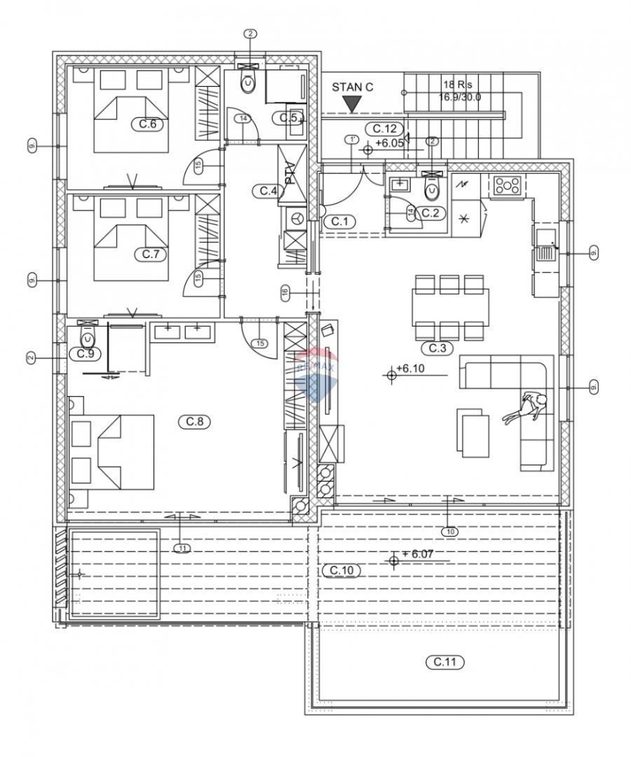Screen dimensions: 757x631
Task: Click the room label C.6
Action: (147, 124)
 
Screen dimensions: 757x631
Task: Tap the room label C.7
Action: (151, 254)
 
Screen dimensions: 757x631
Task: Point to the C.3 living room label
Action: (436, 348)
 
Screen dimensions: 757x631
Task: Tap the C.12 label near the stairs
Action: (385, 129)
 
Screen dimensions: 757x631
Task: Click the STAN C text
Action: (353, 88)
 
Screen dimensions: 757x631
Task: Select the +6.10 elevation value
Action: (411, 368)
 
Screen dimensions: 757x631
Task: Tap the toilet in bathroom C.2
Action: (433, 188)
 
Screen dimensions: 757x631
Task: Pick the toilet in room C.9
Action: (87, 337)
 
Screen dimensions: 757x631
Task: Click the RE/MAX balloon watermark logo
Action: (315, 374)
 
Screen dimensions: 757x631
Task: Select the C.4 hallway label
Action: (269, 191)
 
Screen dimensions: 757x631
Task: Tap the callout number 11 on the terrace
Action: (182, 548)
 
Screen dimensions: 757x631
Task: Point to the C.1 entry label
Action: (339, 221)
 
